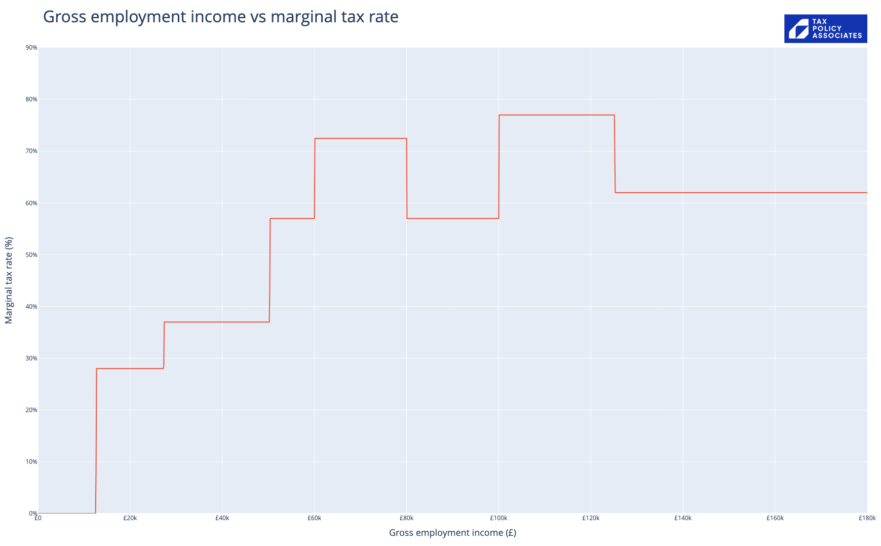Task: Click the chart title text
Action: [220, 17]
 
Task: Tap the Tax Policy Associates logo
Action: [825, 28]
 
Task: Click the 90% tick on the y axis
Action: [31, 48]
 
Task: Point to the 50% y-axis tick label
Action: [31, 255]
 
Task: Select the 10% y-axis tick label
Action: [31, 462]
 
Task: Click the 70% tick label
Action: [31, 151]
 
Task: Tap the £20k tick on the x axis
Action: [130, 518]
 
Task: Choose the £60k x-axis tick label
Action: [314, 518]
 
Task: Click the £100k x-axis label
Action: [499, 518]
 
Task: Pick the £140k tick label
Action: [683, 518]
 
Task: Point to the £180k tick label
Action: [867, 518]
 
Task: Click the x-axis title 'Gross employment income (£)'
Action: [452, 533]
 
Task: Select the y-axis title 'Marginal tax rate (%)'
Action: [9, 280]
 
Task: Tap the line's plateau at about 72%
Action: [361, 138]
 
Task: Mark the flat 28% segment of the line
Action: [130, 369]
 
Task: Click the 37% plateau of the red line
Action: [217, 322]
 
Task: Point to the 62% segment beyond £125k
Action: [740, 193]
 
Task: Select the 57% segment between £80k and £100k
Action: [452, 219]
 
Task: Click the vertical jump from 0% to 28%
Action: [96, 441]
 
